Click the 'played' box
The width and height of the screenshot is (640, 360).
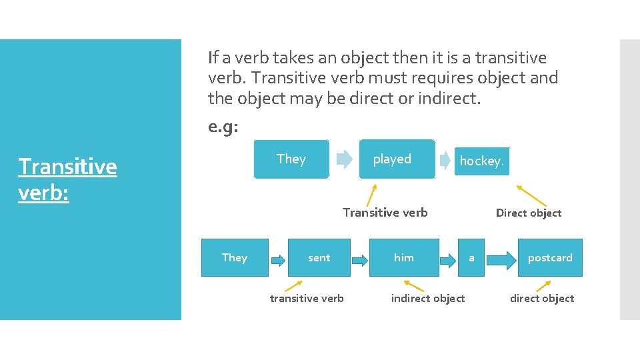pyautogui.click(x=396, y=159)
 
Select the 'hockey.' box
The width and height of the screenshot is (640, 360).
pyautogui.click(x=482, y=161)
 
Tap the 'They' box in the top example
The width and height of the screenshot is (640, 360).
pyautogui.click(x=291, y=159)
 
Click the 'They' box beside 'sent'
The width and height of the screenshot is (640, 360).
pyautogui.click(x=235, y=257)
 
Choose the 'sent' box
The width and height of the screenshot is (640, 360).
pyautogui.click(x=319, y=257)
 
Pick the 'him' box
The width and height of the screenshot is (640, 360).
pyautogui.click(x=404, y=257)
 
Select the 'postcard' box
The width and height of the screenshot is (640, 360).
pyautogui.click(x=550, y=257)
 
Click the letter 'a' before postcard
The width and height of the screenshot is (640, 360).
pyautogui.click(x=472, y=257)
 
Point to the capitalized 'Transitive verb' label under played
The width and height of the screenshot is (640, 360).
pyautogui.click(x=385, y=213)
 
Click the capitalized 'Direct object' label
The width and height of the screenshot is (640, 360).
pyautogui.click(x=529, y=213)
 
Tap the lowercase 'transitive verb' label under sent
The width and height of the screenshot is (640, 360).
pyautogui.click(x=307, y=298)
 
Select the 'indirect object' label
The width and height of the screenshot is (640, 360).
pyautogui.click(x=428, y=298)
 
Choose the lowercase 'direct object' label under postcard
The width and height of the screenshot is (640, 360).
pyautogui.click(x=542, y=298)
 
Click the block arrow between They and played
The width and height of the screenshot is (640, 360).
pyautogui.click(x=344, y=159)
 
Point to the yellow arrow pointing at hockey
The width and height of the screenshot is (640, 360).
pyautogui.click(x=531, y=195)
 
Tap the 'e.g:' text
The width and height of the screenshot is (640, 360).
pyautogui.click(x=223, y=127)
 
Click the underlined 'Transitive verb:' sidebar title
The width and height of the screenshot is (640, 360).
pyautogui.click(x=67, y=178)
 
